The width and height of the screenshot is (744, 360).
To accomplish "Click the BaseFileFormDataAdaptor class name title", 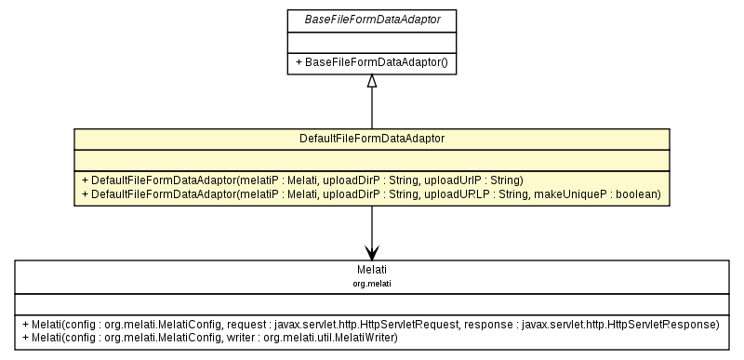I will tap(372, 19).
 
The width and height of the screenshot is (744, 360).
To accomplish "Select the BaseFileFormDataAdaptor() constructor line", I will tap(372, 62).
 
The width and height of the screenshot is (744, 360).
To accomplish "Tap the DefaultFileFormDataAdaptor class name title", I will tap(372, 139).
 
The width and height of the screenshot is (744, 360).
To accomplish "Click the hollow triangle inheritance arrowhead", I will tap(372, 82).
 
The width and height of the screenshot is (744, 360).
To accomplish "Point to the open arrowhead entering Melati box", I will tap(372, 253).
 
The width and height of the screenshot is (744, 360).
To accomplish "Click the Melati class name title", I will tap(372, 270).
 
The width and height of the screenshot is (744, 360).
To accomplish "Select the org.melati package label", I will tap(372, 281).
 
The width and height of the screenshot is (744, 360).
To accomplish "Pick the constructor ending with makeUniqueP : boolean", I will tap(372, 194).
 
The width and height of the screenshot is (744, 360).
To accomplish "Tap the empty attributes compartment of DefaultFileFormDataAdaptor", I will tap(372, 160).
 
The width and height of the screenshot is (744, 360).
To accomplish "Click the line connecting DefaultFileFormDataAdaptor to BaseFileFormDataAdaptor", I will tap(372, 110).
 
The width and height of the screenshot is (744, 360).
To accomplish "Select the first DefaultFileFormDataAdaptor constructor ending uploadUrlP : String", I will tap(303, 180).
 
